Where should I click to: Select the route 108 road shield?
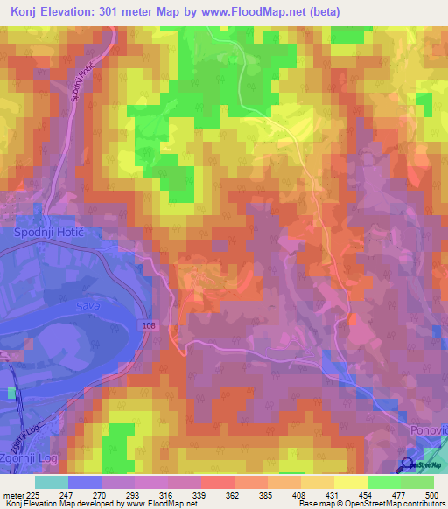pos(150,324)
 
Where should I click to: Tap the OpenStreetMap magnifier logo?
pos(409,464)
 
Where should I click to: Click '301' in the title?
pos(120,12)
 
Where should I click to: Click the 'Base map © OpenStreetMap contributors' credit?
pos(370,504)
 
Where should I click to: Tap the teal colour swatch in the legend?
pos(52,482)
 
